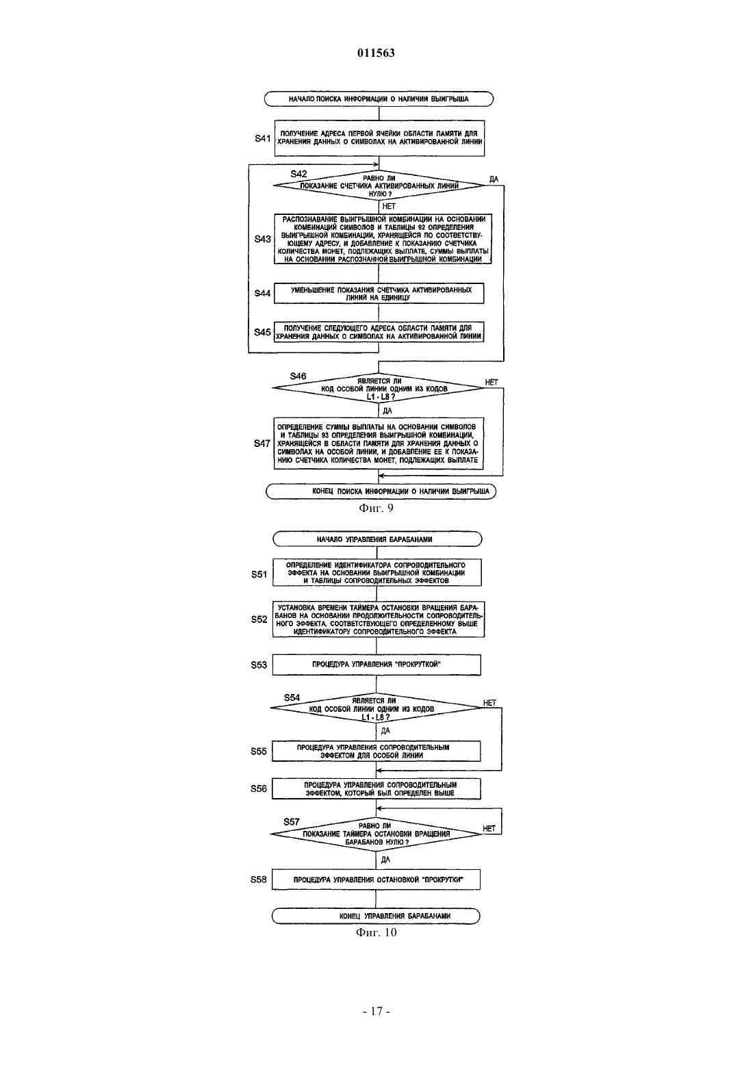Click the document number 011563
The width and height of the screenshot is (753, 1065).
pos(376,53)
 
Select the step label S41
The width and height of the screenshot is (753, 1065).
pos(262,138)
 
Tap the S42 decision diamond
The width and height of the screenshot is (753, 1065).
pos(379,185)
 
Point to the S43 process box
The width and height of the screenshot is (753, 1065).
pos(383,239)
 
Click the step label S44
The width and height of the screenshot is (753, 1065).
pos(262,294)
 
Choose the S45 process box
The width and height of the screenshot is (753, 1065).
pos(379,332)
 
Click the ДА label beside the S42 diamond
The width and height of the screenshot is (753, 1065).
pos(494,179)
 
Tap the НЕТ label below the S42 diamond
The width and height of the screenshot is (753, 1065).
pos(389,206)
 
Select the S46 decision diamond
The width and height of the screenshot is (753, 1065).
pos(379,388)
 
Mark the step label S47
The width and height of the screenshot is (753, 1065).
pos(262,444)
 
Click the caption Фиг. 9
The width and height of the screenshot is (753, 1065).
pos(376,509)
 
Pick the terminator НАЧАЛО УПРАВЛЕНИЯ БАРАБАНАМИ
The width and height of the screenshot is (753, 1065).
pos(377,539)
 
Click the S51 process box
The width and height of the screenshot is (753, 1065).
pos(377,572)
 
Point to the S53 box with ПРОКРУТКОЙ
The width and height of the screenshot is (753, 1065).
pos(376,665)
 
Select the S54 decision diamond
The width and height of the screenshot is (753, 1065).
pos(376,708)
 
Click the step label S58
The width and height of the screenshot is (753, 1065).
pos(259,880)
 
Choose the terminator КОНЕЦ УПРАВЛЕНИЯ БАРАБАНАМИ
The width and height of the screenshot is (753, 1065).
pos(376,916)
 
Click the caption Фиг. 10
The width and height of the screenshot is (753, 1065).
pos(376,932)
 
